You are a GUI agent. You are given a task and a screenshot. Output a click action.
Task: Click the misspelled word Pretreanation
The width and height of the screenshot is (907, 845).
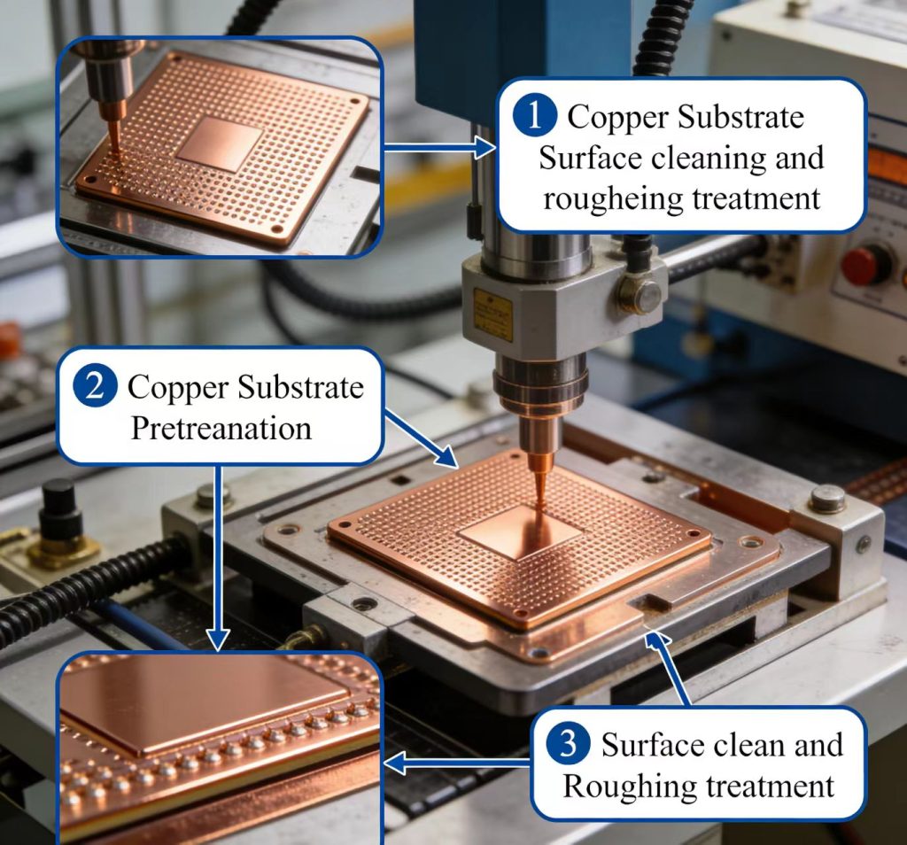tap(221, 429)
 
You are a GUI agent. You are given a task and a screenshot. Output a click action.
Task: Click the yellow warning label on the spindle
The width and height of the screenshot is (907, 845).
tap(492, 313)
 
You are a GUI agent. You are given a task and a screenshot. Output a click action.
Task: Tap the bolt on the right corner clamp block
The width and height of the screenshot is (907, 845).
tap(827, 499)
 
